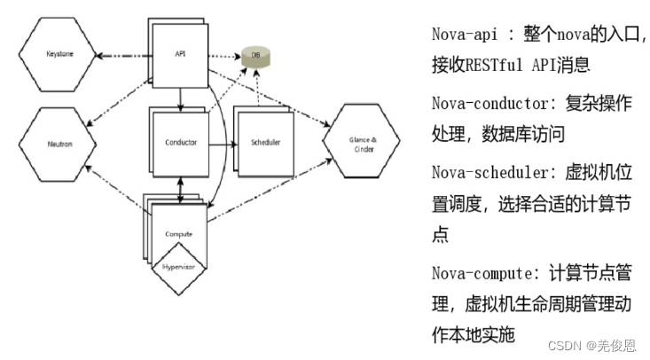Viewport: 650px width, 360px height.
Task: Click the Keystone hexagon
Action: click(61, 55)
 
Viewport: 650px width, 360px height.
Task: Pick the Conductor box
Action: click(180, 142)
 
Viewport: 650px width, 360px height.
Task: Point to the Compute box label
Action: click(179, 232)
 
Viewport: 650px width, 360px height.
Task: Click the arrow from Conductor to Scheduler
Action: click(222, 142)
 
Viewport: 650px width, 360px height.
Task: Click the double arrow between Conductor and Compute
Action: click(180, 187)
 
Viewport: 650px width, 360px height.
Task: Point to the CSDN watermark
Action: click(581, 345)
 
